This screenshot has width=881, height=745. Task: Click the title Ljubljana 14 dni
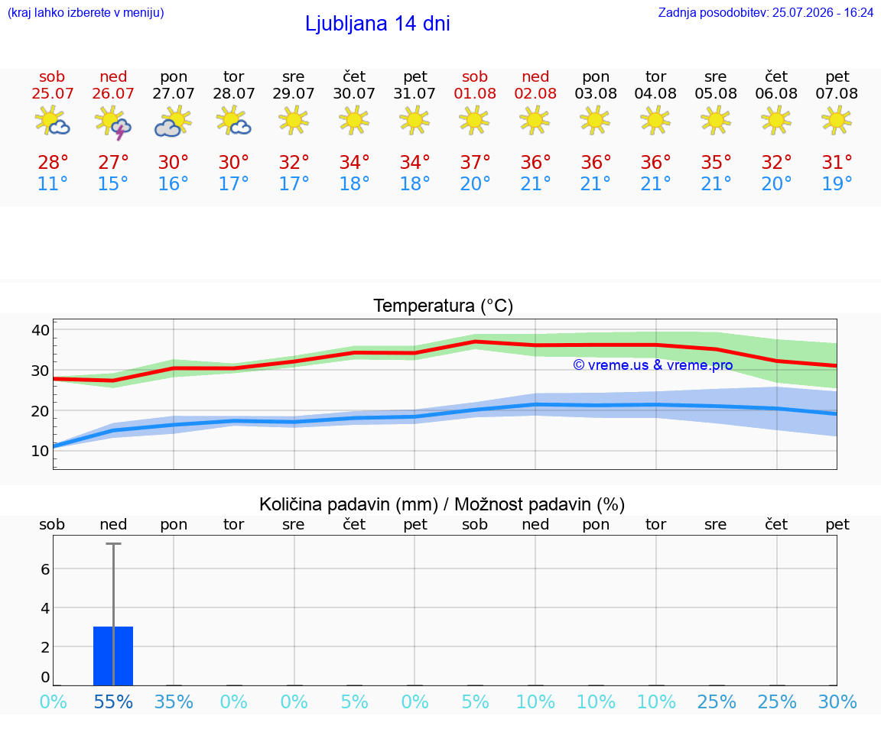[377, 24]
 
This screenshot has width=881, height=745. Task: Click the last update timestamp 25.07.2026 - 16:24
[823, 12]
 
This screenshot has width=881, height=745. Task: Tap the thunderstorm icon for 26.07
[113, 122]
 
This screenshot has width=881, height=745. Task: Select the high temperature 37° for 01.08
[475, 162]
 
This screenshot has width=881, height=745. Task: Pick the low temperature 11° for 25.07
[52, 183]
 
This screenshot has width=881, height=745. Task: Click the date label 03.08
[596, 93]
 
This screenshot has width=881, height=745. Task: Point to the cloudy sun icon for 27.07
[173, 121]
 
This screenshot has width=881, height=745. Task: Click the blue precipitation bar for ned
[113, 656]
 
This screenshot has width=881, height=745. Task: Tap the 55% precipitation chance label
[113, 701]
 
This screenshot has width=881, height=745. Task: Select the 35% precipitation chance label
[173, 701]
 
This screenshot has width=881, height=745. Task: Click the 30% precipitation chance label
[837, 701]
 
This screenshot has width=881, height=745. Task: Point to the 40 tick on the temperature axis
[41, 330]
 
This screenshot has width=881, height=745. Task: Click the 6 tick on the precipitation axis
[46, 569]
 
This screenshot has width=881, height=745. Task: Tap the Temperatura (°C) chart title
[444, 306]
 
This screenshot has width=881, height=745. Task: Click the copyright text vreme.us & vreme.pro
[652, 365]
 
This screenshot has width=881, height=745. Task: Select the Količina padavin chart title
[441, 504]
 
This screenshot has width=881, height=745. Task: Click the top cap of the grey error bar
[113, 543]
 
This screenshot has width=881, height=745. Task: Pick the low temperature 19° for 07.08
[837, 183]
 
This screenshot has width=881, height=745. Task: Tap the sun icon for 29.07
[294, 120]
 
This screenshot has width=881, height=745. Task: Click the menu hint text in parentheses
[86, 12]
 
